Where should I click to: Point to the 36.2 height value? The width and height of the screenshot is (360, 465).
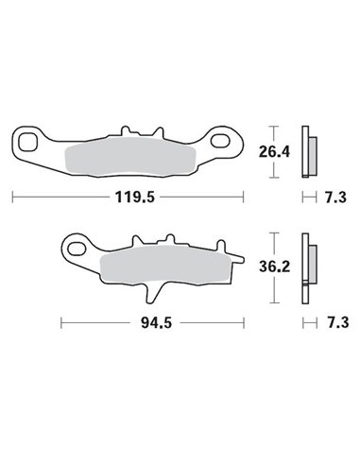click(x=275, y=267)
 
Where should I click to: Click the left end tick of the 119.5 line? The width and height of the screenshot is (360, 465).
click(x=12, y=197)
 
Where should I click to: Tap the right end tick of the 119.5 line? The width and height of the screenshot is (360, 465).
click(x=243, y=197)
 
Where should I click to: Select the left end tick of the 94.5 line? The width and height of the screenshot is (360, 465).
click(x=61, y=321)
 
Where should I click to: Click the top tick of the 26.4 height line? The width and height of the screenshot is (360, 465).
click(x=275, y=126)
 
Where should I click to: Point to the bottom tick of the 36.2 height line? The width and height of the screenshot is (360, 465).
click(x=275, y=302)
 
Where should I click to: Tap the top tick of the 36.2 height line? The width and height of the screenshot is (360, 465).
click(x=275, y=232)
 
